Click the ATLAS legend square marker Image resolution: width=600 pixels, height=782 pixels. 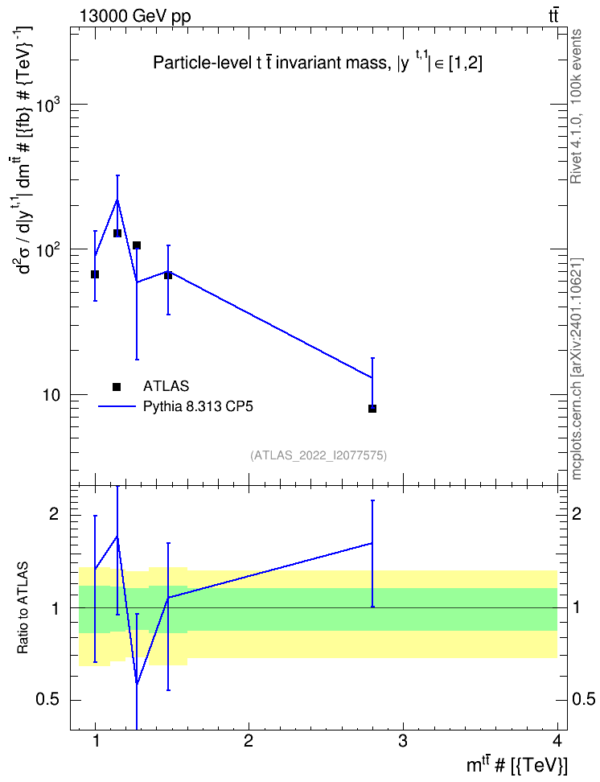(117, 386)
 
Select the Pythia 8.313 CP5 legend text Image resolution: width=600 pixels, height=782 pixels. (198, 407)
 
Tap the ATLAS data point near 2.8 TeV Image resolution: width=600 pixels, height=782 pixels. (372, 409)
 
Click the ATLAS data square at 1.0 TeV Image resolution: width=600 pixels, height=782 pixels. (95, 274)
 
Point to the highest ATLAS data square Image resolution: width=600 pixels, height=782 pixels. (117, 233)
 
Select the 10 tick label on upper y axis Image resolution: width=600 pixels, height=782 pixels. (51, 395)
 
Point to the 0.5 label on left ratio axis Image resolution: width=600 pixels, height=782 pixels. (47, 700)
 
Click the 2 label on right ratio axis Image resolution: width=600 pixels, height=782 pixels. (577, 513)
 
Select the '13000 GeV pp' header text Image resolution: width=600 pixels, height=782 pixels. (134, 16)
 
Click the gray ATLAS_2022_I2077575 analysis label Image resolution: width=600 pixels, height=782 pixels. (318, 455)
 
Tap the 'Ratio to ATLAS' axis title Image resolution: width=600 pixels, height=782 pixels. (23, 607)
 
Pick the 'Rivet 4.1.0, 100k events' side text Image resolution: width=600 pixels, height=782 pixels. (576, 106)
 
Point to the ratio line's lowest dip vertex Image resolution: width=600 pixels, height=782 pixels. (137, 684)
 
